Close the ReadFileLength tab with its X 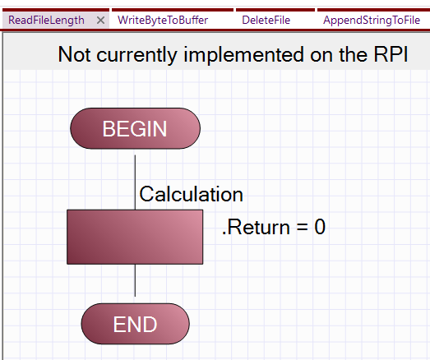(100, 21)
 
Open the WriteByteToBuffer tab (163, 21)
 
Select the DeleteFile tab (266, 21)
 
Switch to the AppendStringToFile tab (372, 21)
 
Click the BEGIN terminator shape (135, 128)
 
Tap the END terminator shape (135, 324)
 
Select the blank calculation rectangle (135, 238)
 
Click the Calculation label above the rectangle (191, 194)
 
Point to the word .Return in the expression (256, 227)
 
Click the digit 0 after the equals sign (320, 227)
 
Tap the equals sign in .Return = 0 (302, 228)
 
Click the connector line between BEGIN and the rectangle (135, 182)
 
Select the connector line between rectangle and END (135, 280)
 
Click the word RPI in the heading (391, 54)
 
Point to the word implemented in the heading (243, 54)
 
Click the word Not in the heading (74, 54)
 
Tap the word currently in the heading (136, 56)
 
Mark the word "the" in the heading (354, 54)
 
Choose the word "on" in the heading (321, 57)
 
